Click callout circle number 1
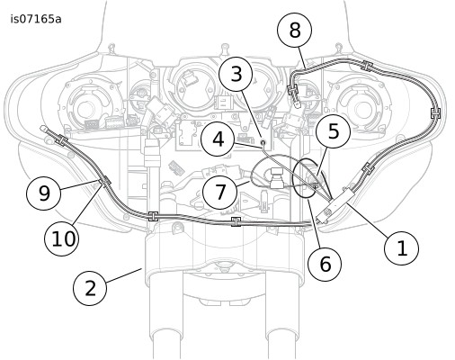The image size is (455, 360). pos(401,247)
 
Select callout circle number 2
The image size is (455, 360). pos(90,288)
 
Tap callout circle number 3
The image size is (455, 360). pos(236,74)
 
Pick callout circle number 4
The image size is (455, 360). pos(218,139)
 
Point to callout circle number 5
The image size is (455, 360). pos(333,130)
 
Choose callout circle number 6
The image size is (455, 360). pos(325,264)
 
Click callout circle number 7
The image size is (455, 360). pos(220,192)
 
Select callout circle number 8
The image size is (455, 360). pos(295,30)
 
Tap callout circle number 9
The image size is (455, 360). pos(44,193)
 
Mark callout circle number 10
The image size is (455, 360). pos(62,238)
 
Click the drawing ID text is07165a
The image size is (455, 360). pos(36,19)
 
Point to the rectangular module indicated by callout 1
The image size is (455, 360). pos(336,206)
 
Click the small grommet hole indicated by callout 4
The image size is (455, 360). pos(263,142)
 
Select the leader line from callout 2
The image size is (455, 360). pos(123,275)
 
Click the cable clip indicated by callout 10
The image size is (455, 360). pos(106,181)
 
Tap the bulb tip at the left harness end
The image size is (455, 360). pos(43,129)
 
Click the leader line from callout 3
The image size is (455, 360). pos(251,115)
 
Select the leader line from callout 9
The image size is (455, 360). pos(80,184)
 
